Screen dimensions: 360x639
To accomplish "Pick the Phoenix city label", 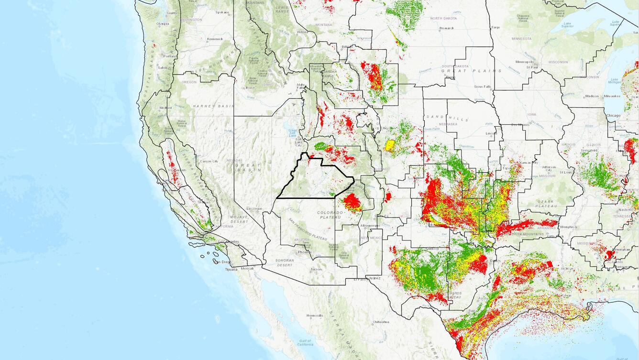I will [304, 252].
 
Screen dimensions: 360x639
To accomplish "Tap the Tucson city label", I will [316, 269].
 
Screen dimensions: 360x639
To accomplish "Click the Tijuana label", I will [231, 269].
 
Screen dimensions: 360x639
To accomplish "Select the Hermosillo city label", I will [315, 316].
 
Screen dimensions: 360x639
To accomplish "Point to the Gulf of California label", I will [304, 342].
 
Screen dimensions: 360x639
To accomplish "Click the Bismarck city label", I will [446, 28].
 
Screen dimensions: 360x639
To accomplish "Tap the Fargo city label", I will [496, 27].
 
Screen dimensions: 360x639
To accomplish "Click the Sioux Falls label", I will [483, 87].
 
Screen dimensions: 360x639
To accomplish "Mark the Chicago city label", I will [613, 115].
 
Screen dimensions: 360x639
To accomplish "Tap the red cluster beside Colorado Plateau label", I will [353, 202].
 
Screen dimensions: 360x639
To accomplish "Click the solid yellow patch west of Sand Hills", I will [390, 145].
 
